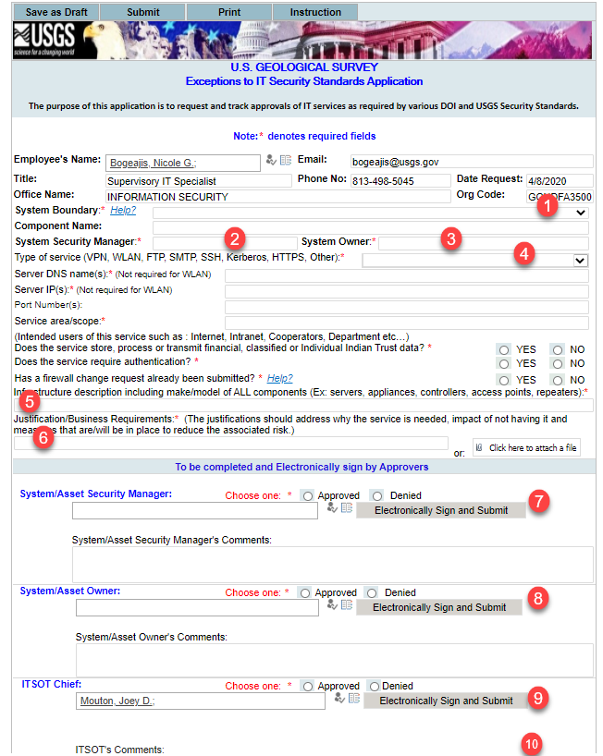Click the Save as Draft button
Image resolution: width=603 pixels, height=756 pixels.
coord(55,12)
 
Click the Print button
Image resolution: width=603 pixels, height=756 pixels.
coord(228,12)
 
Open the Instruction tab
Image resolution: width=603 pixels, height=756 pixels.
coord(315,12)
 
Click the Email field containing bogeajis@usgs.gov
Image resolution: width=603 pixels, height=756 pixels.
coord(472,162)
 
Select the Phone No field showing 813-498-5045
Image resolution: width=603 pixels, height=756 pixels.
coord(400,180)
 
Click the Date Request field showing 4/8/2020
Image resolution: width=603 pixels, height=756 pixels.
coord(560,180)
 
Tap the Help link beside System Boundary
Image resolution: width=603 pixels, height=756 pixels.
coord(123,211)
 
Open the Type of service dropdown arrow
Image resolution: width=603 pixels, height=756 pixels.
coord(580,261)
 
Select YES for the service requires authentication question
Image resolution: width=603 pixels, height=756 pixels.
coord(504,364)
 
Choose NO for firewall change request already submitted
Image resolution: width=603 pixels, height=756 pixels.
coord(556,380)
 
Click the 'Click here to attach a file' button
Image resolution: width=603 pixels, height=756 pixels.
coord(525,448)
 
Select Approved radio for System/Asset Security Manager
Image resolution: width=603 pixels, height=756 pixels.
coord(307,495)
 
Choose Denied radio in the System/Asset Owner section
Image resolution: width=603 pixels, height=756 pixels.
coord(372,592)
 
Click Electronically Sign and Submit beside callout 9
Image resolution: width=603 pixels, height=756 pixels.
coord(445,701)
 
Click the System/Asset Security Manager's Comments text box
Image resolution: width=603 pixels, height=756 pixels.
coord(331,564)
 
